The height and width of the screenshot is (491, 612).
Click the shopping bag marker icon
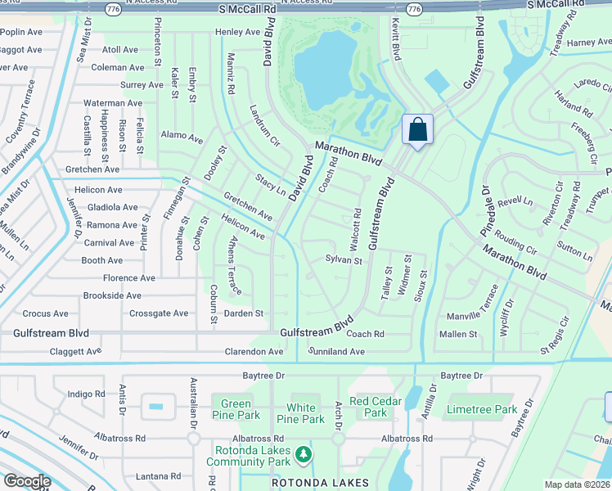417,129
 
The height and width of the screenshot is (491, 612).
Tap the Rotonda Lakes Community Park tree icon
303,453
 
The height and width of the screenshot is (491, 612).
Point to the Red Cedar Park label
376,407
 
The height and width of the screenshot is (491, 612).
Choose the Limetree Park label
482,408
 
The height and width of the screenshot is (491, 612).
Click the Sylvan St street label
344,260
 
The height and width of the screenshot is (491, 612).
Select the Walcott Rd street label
356,229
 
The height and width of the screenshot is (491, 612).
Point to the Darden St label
244,313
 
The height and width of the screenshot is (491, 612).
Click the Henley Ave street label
237,32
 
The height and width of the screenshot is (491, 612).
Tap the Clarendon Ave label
254,352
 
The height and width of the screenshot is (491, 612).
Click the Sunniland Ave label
336,351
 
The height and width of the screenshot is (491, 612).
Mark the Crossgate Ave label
159,313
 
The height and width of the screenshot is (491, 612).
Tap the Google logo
28,481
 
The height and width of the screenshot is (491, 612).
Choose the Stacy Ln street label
270,185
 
